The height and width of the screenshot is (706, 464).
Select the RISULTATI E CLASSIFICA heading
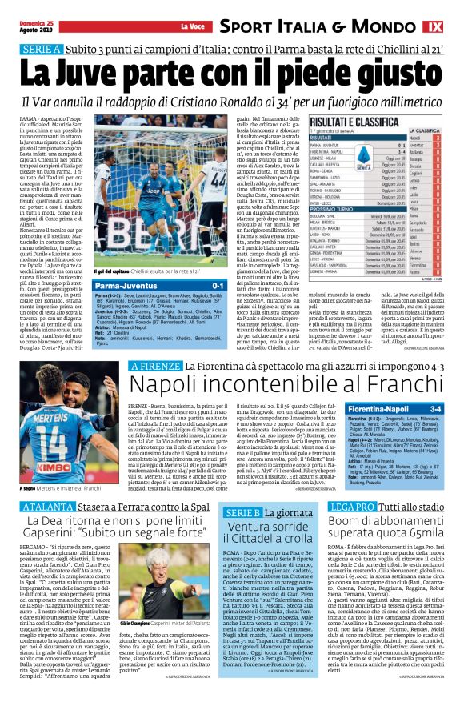pos(349,121)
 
